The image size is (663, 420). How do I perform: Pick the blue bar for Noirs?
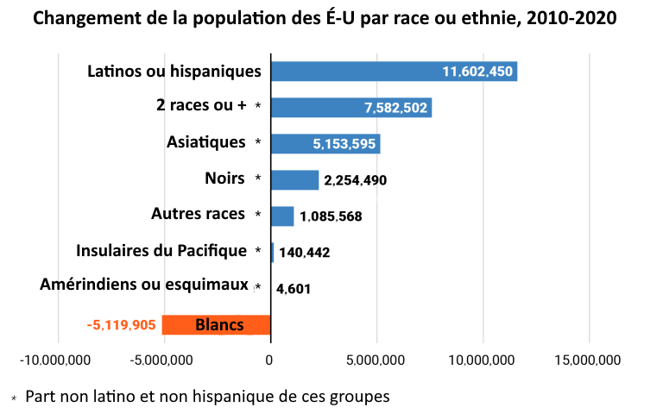pos(294,179)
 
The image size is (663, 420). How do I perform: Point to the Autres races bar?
pos(282,216)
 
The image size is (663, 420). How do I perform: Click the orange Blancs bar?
pos(217,325)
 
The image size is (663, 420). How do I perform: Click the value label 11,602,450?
pos(477,72)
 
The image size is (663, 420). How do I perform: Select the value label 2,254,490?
pos(356,180)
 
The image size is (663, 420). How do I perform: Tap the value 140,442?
pos(304,253)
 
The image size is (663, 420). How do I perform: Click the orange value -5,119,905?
pos(121,325)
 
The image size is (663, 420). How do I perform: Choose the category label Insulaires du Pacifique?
pos(161,251)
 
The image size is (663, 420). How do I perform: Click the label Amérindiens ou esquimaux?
pos(144,284)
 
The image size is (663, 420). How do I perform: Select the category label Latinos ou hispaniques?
pos(174,71)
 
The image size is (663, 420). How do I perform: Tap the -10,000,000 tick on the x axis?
pos(59,360)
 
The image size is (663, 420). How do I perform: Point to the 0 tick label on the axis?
pos(270,360)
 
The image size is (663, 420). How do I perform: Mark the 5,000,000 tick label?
pos(376,360)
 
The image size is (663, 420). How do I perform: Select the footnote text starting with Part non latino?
pos(207,398)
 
